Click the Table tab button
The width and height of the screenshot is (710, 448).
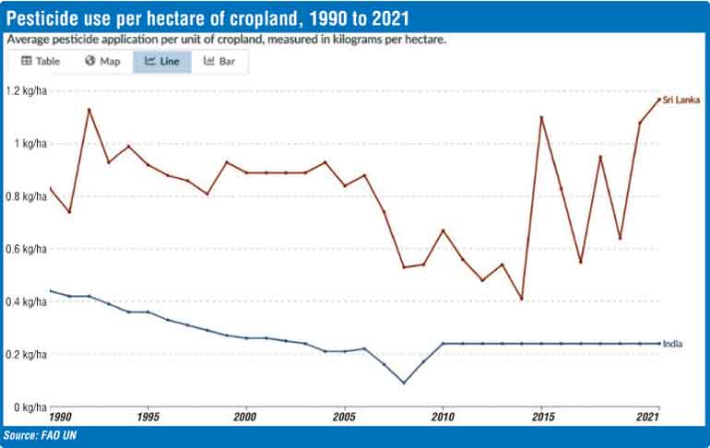point(41,61)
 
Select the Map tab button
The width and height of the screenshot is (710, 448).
point(102,61)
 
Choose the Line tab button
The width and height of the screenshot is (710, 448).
point(162,61)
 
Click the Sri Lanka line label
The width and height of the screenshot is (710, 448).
point(681,100)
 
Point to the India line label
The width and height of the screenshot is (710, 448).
point(673,344)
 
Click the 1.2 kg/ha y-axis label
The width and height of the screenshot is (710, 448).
point(27,91)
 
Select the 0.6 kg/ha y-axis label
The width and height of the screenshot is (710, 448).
point(27,249)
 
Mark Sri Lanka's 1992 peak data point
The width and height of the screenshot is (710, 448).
point(89,110)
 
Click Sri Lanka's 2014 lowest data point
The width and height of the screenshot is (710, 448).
point(521,299)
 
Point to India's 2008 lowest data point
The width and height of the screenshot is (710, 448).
point(403,383)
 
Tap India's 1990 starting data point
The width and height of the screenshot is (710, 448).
point(50,291)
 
